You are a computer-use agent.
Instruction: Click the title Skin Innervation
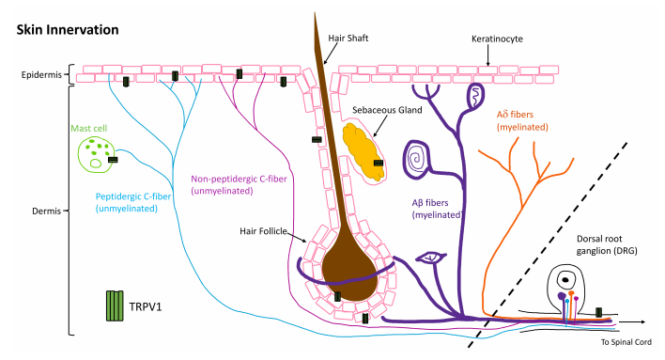[68, 30]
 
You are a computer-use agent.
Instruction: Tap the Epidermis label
[41, 75]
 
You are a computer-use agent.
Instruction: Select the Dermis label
[47, 211]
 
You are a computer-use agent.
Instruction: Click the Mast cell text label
[88, 128]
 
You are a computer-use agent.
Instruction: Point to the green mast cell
[96, 155]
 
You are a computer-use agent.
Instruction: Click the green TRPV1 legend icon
[115, 305]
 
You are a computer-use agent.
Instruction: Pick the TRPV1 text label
[146, 306]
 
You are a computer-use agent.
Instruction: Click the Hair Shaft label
[348, 39]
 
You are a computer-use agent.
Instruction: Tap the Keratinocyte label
[497, 39]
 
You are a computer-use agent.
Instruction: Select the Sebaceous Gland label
[387, 110]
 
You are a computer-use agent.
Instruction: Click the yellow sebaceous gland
[363, 151]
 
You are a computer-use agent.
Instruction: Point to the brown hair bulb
[348, 274]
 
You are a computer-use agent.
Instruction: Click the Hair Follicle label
[263, 231]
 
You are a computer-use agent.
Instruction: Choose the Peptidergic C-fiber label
[133, 202]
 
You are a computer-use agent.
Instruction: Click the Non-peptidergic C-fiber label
[239, 185]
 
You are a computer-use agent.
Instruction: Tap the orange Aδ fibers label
[522, 120]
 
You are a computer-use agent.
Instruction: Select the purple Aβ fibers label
[437, 209]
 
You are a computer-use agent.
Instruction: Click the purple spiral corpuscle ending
[416, 159]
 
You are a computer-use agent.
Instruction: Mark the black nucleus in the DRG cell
[565, 280]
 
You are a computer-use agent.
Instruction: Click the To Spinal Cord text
[626, 342]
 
